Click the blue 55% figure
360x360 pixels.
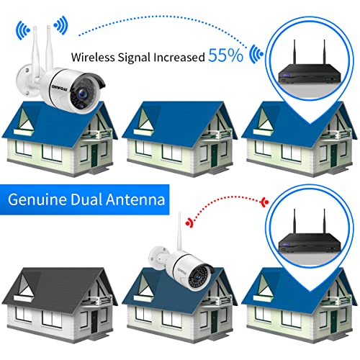point(225,55)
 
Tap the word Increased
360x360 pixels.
point(179,57)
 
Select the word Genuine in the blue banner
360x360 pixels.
point(37,199)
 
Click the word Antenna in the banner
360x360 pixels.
point(135,199)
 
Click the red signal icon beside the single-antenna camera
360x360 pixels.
point(189,223)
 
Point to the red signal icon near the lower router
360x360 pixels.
point(265,203)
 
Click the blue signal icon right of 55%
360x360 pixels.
point(256,55)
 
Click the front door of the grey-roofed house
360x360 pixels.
point(94,322)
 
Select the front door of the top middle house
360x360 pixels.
point(214,156)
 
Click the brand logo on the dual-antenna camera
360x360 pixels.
point(60,88)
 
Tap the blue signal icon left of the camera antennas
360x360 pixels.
point(22,30)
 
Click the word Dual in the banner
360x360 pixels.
point(86,199)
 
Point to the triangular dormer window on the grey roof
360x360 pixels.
point(25,286)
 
